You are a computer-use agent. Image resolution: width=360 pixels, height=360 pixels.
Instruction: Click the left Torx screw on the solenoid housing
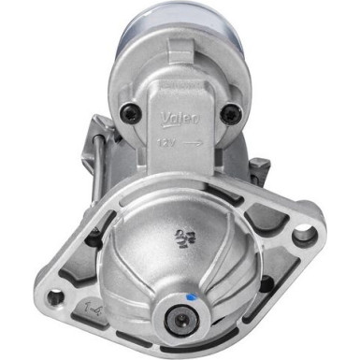(x=136, y=115)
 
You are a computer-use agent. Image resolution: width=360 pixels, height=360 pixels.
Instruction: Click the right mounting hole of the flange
(x=303, y=237)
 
